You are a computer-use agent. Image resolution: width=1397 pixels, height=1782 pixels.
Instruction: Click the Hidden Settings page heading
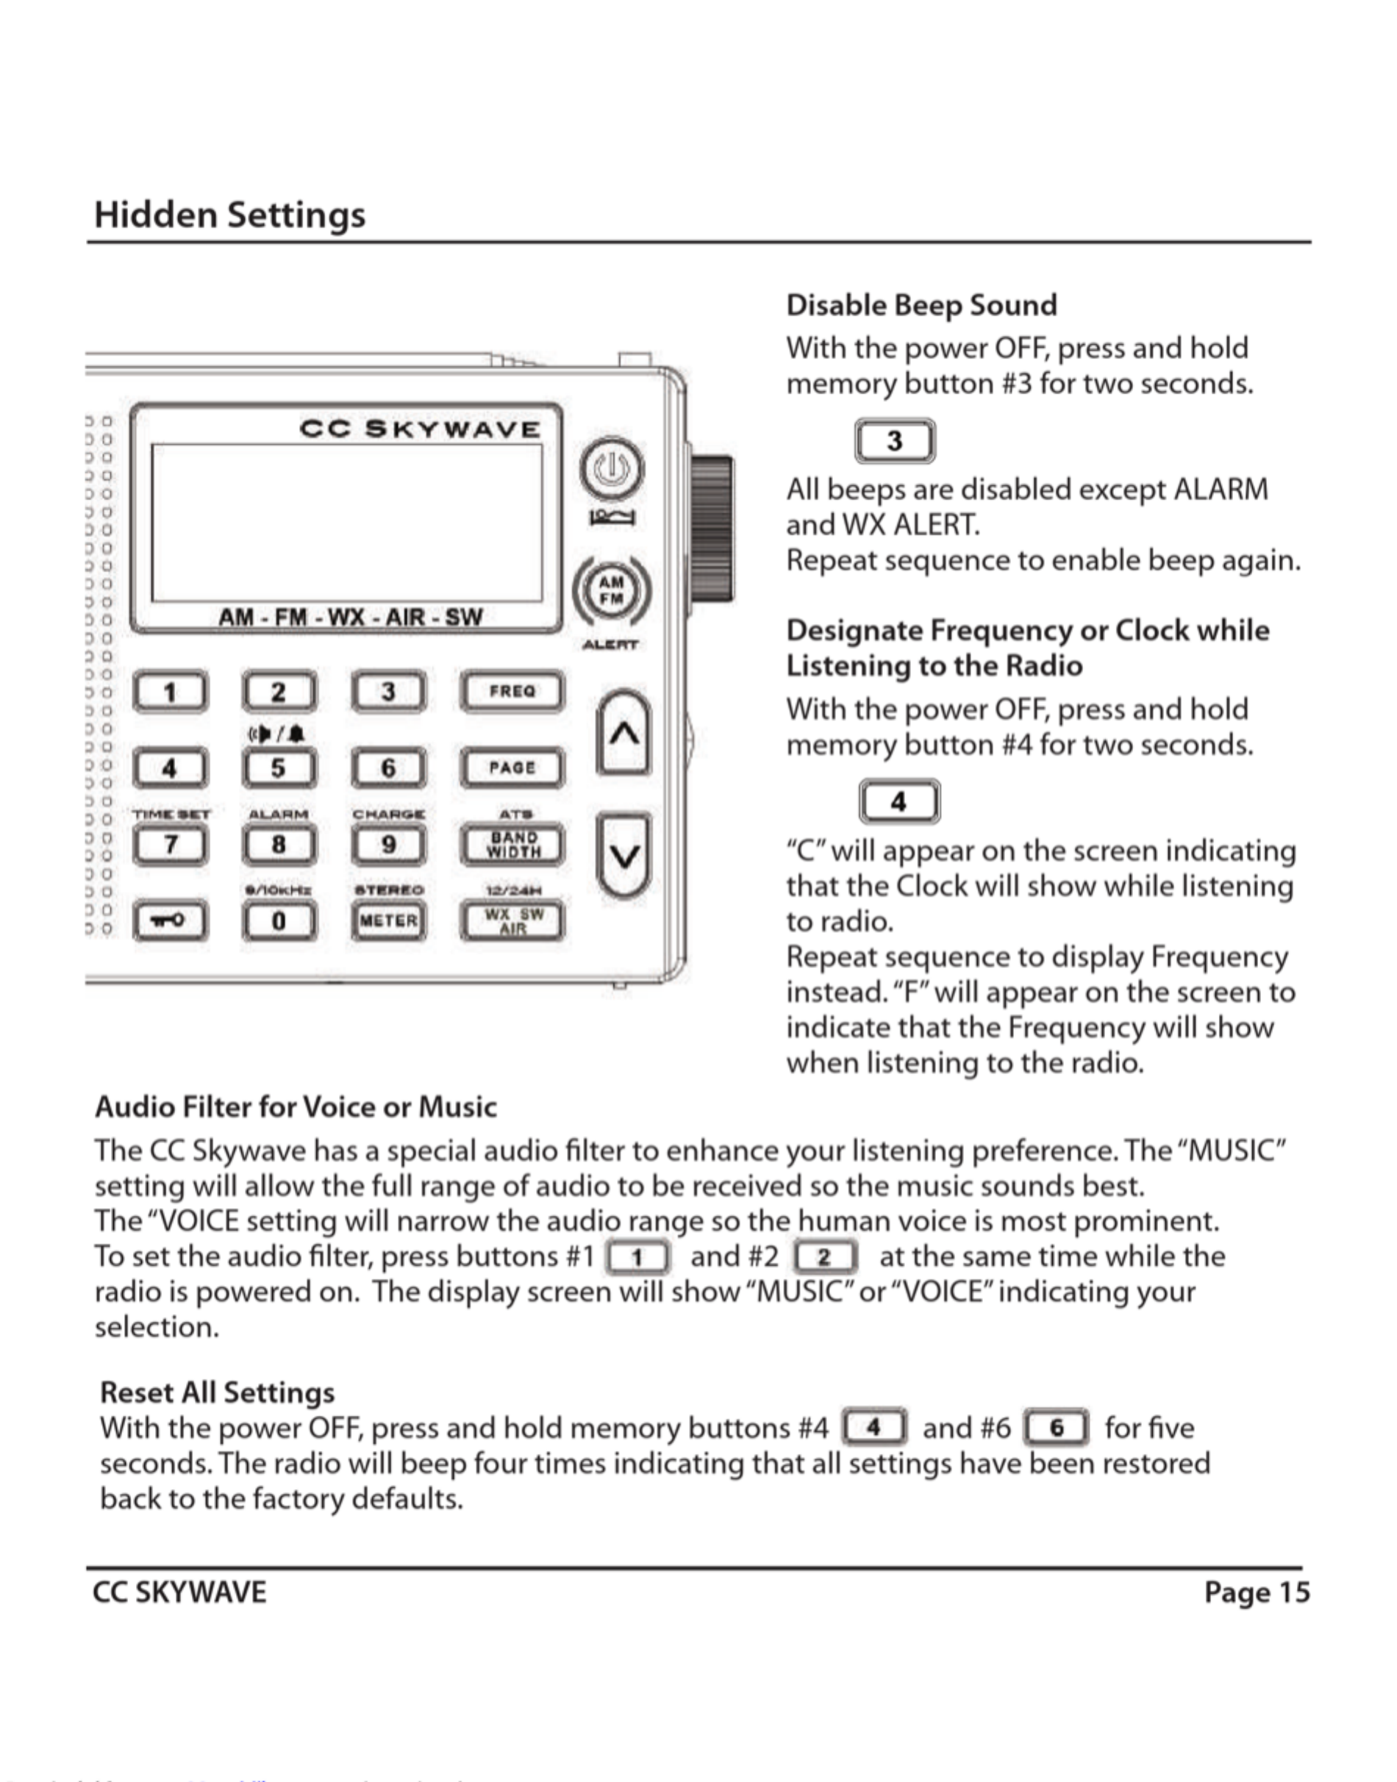click(230, 215)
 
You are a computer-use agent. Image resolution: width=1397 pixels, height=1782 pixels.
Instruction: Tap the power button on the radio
click(612, 470)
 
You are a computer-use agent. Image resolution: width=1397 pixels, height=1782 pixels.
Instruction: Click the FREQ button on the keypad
click(512, 691)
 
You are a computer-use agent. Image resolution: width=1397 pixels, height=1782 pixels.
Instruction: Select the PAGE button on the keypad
click(512, 768)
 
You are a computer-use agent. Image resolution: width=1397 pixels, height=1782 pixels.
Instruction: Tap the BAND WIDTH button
click(512, 845)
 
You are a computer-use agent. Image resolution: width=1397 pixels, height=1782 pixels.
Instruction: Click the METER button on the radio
click(388, 921)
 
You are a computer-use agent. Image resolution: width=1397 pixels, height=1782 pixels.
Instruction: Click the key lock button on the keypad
click(170, 921)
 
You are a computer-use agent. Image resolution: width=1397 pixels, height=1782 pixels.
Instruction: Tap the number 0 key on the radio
click(279, 921)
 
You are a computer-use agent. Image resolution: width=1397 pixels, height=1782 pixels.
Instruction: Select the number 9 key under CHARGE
click(388, 845)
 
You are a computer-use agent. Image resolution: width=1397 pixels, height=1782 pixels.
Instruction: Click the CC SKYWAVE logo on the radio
click(420, 429)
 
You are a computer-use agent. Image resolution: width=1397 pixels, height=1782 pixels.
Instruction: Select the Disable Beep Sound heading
click(921, 305)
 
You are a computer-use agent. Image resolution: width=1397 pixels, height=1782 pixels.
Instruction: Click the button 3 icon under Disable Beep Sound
click(895, 442)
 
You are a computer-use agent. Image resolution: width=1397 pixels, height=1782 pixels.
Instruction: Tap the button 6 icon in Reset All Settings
click(1056, 1428)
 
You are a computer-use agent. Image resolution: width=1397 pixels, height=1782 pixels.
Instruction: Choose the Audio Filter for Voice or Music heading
click(296, 1106)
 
